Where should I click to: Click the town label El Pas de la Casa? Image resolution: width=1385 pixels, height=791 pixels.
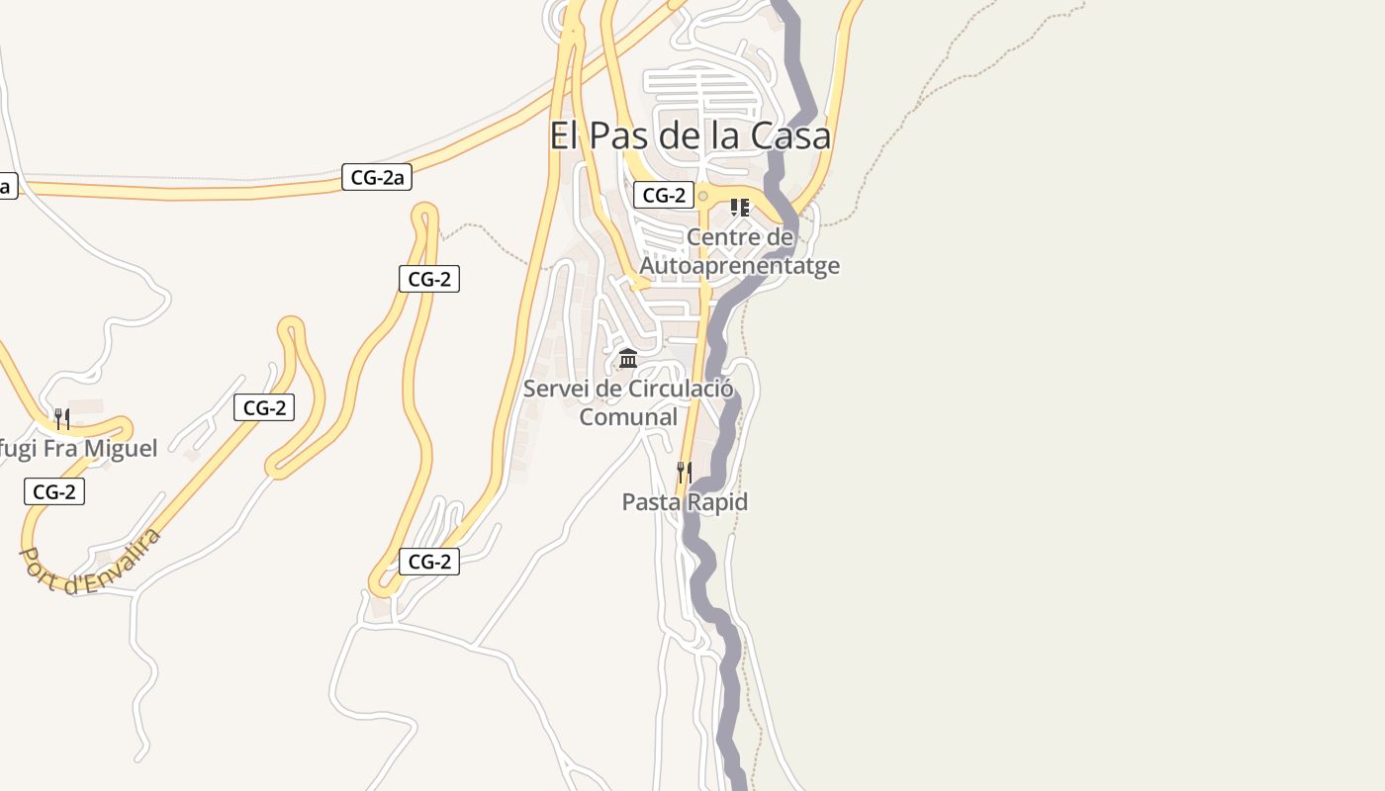690,136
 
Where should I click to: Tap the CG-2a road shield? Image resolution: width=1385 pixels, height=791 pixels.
377,178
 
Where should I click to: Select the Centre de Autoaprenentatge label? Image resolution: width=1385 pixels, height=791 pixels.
740,251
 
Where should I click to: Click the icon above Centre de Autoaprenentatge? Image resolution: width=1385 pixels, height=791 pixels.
739,208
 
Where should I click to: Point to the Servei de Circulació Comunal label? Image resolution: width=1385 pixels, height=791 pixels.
628,402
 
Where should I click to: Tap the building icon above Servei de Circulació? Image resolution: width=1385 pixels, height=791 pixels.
628,358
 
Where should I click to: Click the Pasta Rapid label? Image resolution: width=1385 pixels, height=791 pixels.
685,502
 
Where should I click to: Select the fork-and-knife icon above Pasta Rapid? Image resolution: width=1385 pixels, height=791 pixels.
685,472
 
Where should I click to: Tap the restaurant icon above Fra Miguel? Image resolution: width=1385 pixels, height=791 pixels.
61,419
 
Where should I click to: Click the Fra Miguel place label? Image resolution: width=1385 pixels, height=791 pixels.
79,449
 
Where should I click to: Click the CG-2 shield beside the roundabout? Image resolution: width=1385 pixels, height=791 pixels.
664,196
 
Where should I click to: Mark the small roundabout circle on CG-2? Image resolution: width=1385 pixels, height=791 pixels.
703,196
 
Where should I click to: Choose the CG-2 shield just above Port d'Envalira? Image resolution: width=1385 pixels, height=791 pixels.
54,491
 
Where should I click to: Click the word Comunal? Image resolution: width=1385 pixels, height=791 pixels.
628,417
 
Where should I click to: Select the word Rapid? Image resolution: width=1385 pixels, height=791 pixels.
716,502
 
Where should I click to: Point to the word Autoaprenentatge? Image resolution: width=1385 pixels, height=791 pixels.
740,266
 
